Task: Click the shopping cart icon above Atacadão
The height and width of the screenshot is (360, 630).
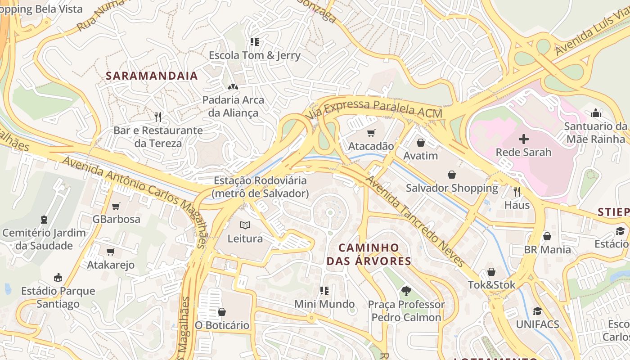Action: (371, 133)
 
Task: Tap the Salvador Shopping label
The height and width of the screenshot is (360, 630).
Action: (452, 188)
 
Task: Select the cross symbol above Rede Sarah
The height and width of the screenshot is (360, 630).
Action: (523, 139)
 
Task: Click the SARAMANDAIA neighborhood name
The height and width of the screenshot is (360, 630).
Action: (152, 76)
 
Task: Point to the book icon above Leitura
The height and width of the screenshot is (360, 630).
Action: (245, 225)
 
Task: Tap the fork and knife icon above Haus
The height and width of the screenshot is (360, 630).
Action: (517, 192)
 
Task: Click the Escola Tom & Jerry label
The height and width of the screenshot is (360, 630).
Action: (254, 56)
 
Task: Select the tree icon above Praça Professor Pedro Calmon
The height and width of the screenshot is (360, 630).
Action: (406, 291)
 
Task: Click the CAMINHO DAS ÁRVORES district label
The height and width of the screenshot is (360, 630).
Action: (369, 254)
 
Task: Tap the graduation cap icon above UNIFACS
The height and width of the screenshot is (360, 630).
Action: (537, 311)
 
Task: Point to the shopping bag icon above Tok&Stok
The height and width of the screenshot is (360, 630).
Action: (491, 272)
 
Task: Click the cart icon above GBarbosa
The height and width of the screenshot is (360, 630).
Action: (116, 206)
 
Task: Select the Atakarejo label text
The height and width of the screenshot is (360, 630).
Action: (111, 265)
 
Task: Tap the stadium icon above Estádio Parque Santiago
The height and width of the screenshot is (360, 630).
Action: (58, 277)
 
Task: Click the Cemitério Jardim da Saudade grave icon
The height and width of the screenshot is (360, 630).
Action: (44, 220)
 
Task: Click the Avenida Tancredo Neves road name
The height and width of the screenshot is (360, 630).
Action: (414, 221)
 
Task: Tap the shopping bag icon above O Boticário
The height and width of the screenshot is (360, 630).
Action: (221, 311)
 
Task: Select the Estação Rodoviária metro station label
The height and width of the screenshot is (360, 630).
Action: (260, 187)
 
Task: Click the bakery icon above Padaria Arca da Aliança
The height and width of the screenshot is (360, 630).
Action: (233, 86)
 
